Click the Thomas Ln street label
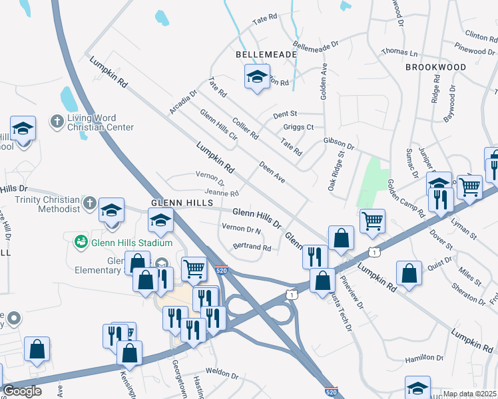pyautogui.click(x=399, y=52)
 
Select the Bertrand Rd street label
pyautogui.click(x=252, y=247)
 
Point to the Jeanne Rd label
pyautogui.click(x=221, y=194)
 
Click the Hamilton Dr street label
pyautogui.click(x=424, y=358)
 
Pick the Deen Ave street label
pyautogui.click(x=272, y=171)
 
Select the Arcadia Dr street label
pyautogui.click(x=183, y=102)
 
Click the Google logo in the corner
pyautogui.click(x=22, y=391)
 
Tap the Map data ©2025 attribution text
pyautogui.click(x=469, y=394)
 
